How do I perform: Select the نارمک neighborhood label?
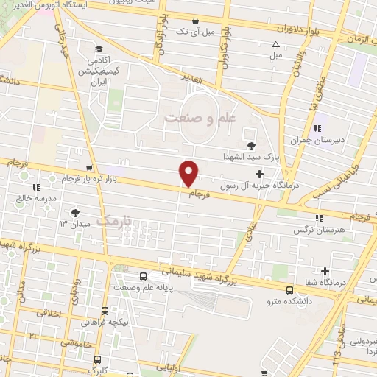tap(117, 220)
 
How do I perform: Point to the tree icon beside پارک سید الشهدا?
tap(253, 147)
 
